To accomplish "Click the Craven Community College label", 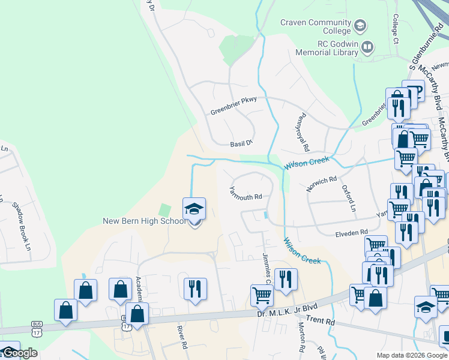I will (x=316, y=27).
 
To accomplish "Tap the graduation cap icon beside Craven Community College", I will (x=360, y=26).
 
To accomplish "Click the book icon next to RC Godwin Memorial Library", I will (x=367, y=47).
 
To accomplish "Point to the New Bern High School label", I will (x=145, y=221).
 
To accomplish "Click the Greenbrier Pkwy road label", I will (x=234, y=106).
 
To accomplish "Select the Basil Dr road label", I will (x=243, y=144).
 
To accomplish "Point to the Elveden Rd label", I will (x=351, y=232).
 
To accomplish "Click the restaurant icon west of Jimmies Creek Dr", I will (x=195, y=289).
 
